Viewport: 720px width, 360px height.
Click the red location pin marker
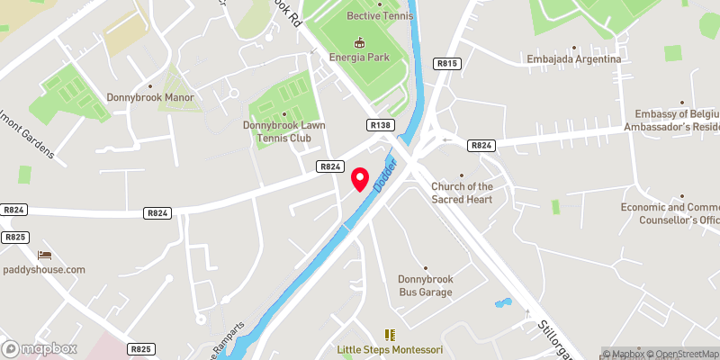point(360,178)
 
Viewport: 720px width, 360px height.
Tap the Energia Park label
point(359,58)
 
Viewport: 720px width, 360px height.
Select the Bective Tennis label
point(380,15)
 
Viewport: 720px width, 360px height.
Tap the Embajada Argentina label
point(574,59)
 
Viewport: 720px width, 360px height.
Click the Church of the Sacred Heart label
point(462,193)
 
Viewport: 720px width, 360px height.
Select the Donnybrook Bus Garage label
point(426,285)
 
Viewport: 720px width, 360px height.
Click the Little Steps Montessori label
point(390,349)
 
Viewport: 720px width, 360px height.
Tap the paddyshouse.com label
point(43,269)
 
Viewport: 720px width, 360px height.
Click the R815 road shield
point(447,64)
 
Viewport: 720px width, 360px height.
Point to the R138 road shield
point(381,125)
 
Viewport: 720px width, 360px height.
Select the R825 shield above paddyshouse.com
point(13,238)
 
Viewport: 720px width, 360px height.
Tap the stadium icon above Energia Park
point(359,41)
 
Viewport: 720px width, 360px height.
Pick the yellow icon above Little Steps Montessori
point(390,334)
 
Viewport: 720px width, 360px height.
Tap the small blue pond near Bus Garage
point(502,303)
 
